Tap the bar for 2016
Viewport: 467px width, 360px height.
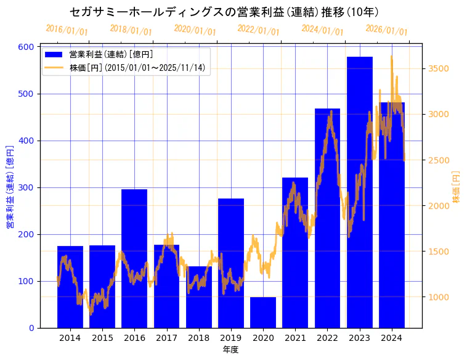pyautogui.click(x=134, y=258)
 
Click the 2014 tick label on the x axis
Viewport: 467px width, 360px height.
pyautogui.click(x=70, y=338)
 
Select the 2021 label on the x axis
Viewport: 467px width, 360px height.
pyautogui.click(x=295, y=338)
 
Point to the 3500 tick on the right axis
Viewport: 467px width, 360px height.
pyautogui.click(x=439, y=68)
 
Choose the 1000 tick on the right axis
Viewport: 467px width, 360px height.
pyautogui.click(x=439, y=297)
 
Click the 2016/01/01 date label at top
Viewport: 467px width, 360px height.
pyautogui.click(x=67, y=30)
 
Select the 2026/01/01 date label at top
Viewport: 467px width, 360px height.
pyautogui.click(x=386, y=30)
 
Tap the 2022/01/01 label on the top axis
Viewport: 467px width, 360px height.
pyautogui.click(x=258, y=30)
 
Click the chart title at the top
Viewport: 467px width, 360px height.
pyautogui.click(x=224, y=12)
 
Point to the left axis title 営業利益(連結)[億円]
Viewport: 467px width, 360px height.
pyautogui.click(x=10, y=187)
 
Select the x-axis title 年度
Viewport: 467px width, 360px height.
pyautogui.click(x=230, y=350)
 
